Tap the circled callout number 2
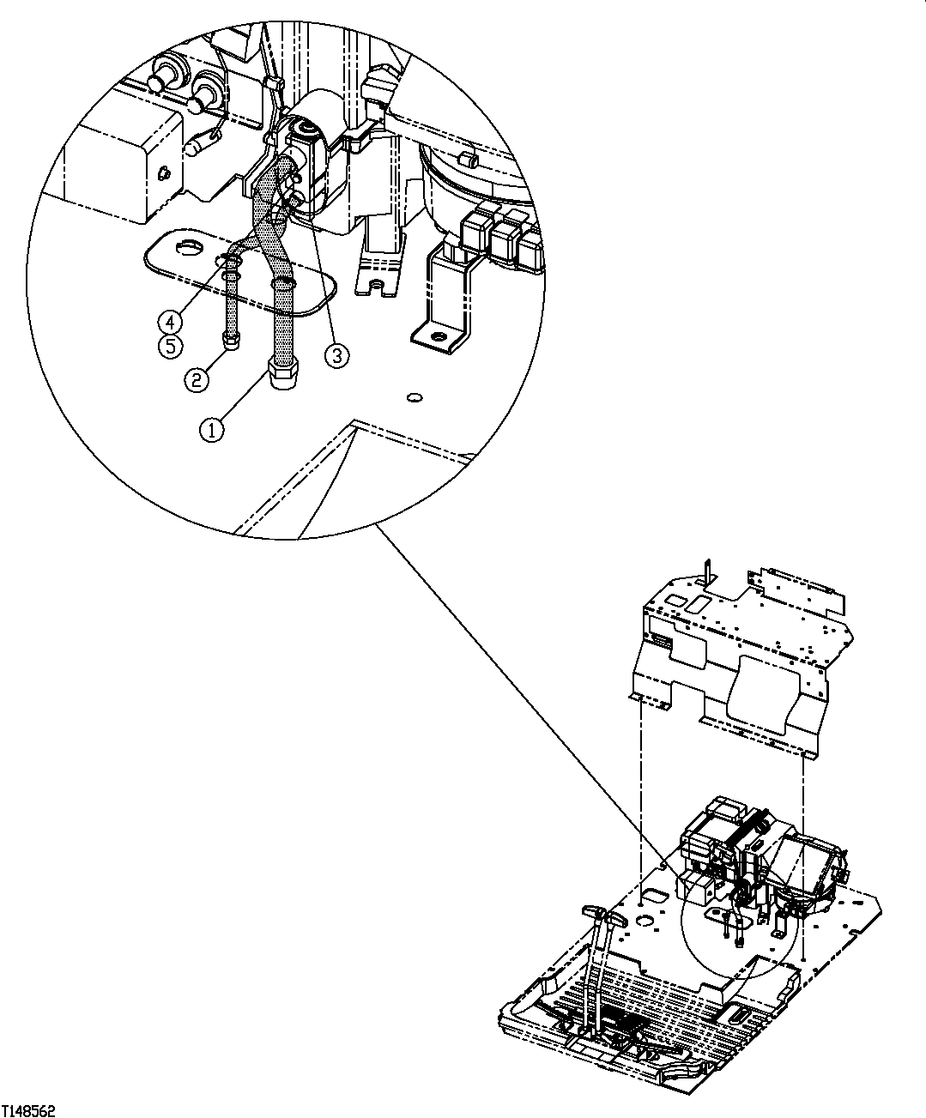[x=197, y=378]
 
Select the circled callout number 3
[x=336, y=354]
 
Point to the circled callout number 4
[x=170, y=322]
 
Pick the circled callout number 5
[x=170, y=347]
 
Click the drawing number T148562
[x=28, y=1110]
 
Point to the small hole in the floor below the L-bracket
[x=415, y=396]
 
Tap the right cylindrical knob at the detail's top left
[x=204, y=90]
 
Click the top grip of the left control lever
[x=593, y=909]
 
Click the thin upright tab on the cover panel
[x=705, y=571]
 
